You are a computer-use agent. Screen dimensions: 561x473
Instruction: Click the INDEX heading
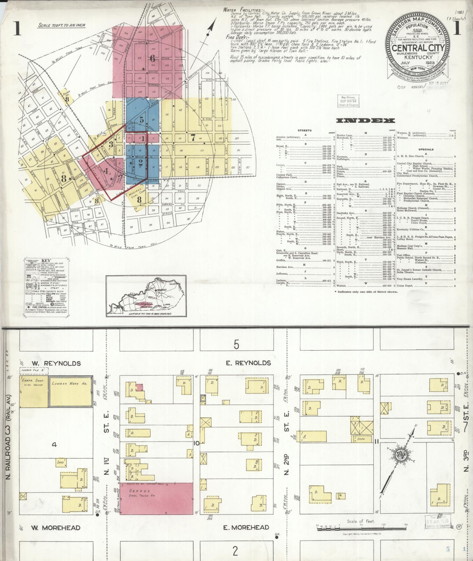pyautogui.click(x=365, y=121)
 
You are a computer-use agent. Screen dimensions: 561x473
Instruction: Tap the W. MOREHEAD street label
pyautogui.click(x=56, y=528)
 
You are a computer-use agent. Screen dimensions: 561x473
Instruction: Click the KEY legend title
pyautogui.click(x=46, y=261)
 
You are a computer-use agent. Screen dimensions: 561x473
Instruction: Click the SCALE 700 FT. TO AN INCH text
pyautogui.click(x=62, y=25)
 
